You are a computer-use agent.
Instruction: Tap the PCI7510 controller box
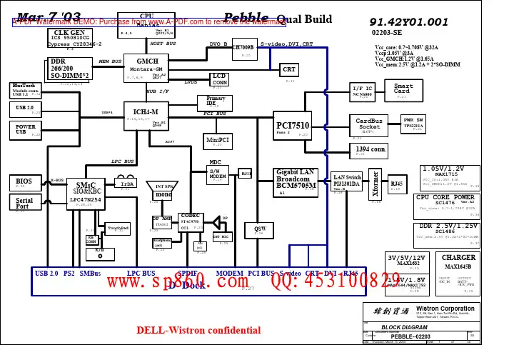click(x=292, y=128)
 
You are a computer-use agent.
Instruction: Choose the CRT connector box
click(x=289, y=70)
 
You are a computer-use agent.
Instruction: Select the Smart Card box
click(x=403, y=90)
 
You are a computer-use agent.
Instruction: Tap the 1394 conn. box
click(x=371, y=150)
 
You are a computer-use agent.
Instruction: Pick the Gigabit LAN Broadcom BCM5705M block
click(x=296, y=182)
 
